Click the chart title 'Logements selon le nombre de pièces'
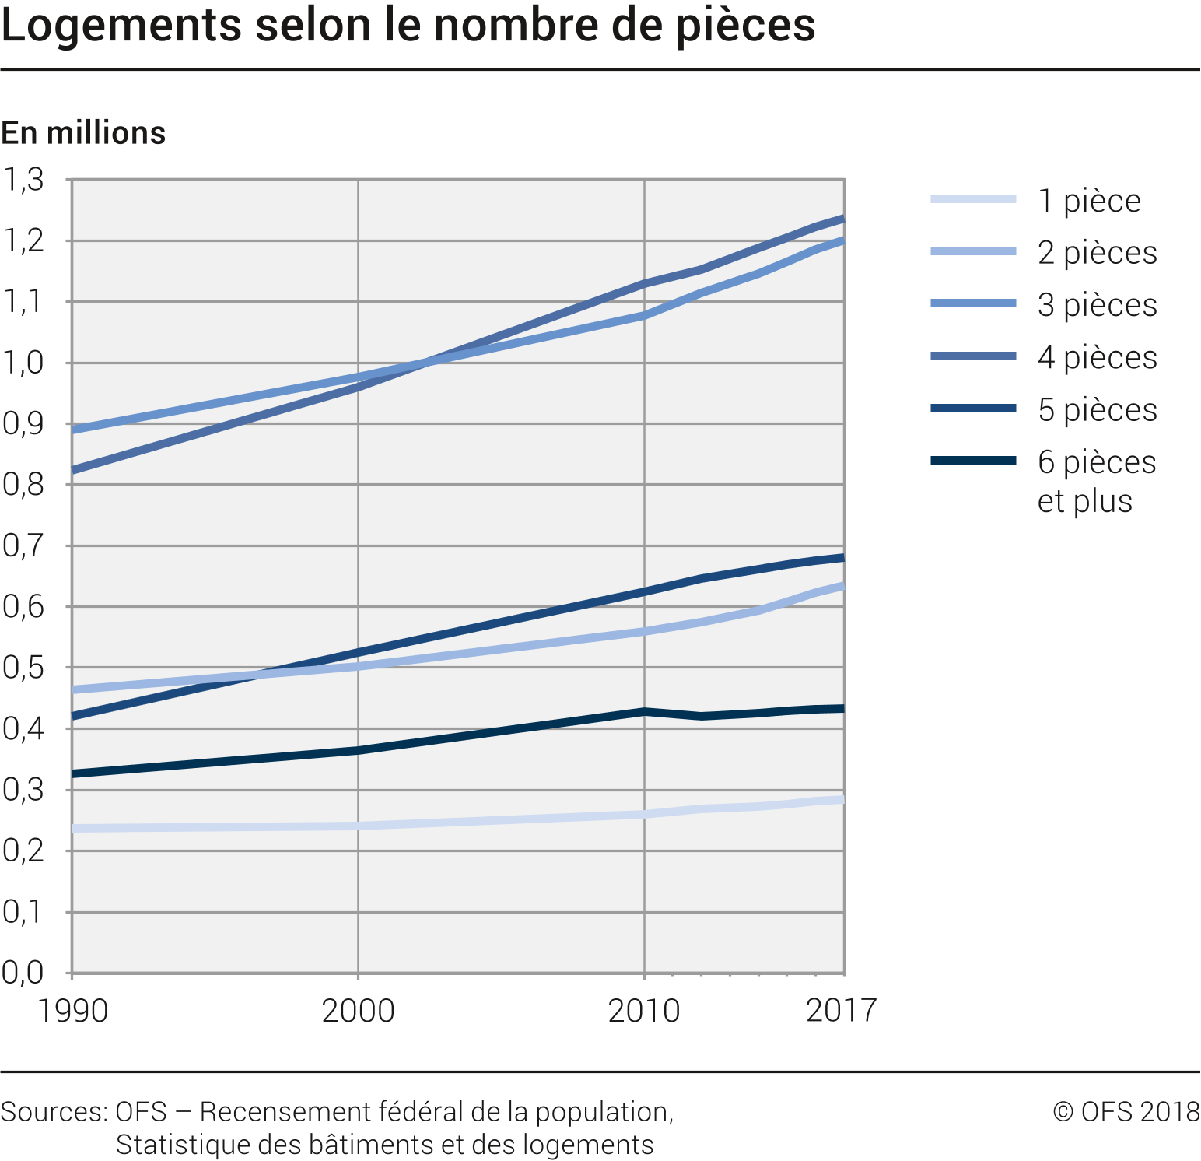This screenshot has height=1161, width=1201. pyautogui.click(x=408, y=26)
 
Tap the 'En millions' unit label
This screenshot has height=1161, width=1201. pyautogui.click(x=83, y=133)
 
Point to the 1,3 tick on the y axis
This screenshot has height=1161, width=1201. pyautogui.click(x=23, y=180)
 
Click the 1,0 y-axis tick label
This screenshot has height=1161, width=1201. pyautogui.click(x=23, y=363)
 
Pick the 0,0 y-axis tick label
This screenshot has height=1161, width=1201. pyautogui.click(x=23, y=973)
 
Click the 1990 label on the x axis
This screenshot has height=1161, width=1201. pyautogui.click(x=72, y=1011)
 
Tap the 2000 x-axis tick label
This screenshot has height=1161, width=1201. pyautogui.click(x=358, y=1011)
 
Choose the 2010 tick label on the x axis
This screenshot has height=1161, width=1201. pyautogui.click(x=644, y=1011)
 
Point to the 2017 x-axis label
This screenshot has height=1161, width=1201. pyautogui.click(x=841, y=1011)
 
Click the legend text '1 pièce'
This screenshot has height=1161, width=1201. pyautogui.click(x=1089, y=201)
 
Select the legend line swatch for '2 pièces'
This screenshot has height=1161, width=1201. pyautogui.click(x=973, y=251)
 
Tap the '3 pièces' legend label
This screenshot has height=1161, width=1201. pyautogui.click(x=1097, y=305)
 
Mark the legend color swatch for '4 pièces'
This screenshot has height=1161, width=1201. pyautogui.click(x=973, y=356)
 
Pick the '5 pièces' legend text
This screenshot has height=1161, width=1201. pyautogui.click(x=1097, y=410)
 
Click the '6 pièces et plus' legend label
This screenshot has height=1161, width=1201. pyautogui.click(x=1097, y=481)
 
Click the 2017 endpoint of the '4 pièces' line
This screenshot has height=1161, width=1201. pyautogui.click(x=843, y=219)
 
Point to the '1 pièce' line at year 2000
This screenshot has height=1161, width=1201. pyautogui.click(x=358, y=826)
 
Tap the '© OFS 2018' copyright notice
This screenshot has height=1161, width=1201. pyautogui.click(x=1126, y=1111)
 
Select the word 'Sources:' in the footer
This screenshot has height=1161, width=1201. pyautogui.click(x=54, y=1111)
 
